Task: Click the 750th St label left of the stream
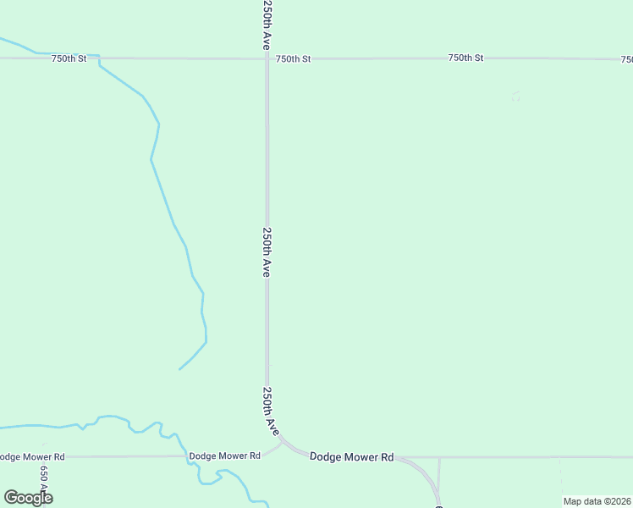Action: point(69,58)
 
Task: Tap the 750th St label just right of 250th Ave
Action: point(293,58)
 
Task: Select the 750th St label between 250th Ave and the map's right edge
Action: point(465,58)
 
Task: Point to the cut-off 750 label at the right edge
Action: point(626,60)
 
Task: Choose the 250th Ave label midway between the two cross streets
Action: point(267,251)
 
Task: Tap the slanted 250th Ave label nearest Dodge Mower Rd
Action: point(270,411)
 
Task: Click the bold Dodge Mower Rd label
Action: point(351,456)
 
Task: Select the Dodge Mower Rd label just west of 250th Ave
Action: point(224,456)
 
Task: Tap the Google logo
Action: point(28,497)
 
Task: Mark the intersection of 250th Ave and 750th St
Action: point(267,58)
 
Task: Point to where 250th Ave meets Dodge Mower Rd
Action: point(282,441)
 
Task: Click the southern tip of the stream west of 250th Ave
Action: point(179,369)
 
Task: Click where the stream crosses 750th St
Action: point(99,58)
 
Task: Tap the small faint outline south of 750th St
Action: point(515,97)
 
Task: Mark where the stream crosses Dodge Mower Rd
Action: point(187,456)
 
